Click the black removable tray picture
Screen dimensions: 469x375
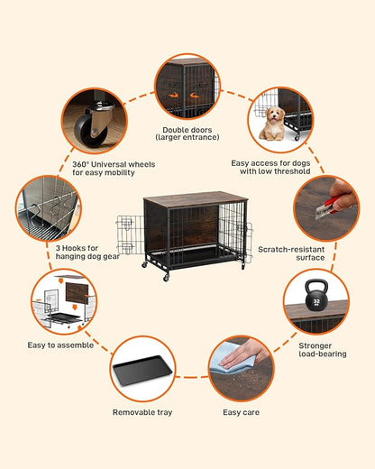point(142,370)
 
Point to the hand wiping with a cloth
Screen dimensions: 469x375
point(237,359)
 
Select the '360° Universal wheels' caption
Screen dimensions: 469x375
point(114,170)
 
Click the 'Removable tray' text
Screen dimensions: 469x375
point(142,412)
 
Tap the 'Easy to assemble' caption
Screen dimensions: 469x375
point(60,345)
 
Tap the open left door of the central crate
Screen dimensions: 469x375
point(126,235)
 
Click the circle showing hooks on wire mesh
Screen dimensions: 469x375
point(47,208)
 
